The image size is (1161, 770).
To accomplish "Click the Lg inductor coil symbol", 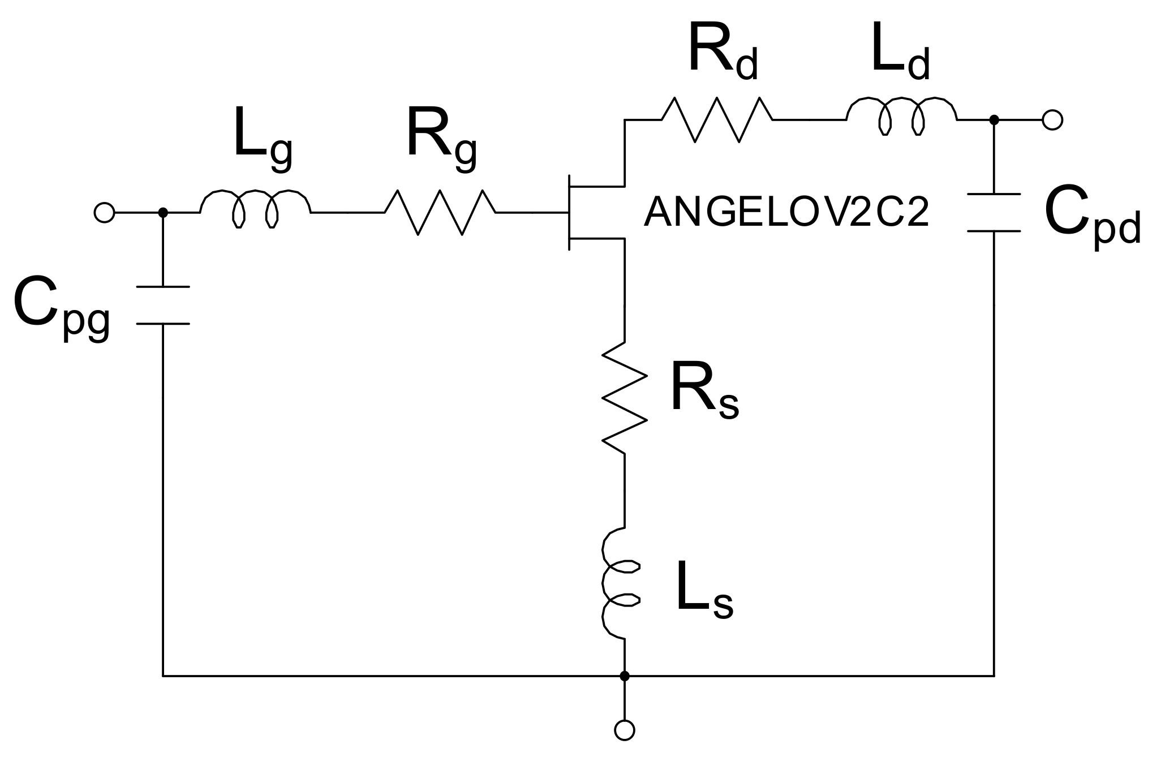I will (x=255, y=210).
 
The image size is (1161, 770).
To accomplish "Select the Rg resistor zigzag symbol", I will (x=440, y=212).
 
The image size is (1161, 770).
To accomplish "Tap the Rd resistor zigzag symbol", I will (x=717, y=119).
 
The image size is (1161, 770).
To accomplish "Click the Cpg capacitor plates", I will (x=163, y=306).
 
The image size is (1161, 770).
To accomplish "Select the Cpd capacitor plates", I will (x=994, y=213).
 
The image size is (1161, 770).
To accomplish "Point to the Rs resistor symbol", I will (x=624, y=398).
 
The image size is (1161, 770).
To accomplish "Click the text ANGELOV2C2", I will (x=786, y=214).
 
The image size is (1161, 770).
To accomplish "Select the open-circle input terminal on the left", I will (x=104, y=213).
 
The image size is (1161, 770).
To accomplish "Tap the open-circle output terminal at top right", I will (x=1052, y=120).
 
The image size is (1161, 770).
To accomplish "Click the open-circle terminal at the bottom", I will (x=624, y=730).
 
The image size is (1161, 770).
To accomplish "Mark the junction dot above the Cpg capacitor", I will (x=163, y=213).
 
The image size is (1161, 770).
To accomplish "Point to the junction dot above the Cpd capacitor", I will (x=994, y=120).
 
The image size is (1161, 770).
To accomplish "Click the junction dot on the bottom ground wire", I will (x=624, y=676).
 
